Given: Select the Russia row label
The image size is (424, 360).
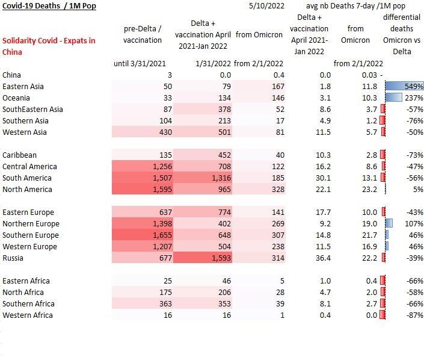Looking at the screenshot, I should [x=14, y=258].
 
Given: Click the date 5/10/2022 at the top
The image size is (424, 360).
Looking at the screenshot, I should [x=263, y=6].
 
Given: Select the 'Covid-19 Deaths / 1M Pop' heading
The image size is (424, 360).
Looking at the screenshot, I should [x=49, y=6].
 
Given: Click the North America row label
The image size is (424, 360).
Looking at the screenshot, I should [x=27, y=189].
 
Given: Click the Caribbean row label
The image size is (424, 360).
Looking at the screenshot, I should [x=19, y=155].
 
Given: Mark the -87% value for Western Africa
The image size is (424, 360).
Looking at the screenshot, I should [x=413, y=315].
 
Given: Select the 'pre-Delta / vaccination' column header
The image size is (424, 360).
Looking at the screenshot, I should [x=143, y=35].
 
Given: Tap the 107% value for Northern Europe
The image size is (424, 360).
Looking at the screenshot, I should [x=414, y=223].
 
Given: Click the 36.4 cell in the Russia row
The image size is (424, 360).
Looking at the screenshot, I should [x=322, y=258].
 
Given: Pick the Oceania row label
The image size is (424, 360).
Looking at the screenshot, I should [x=17, y=98].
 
